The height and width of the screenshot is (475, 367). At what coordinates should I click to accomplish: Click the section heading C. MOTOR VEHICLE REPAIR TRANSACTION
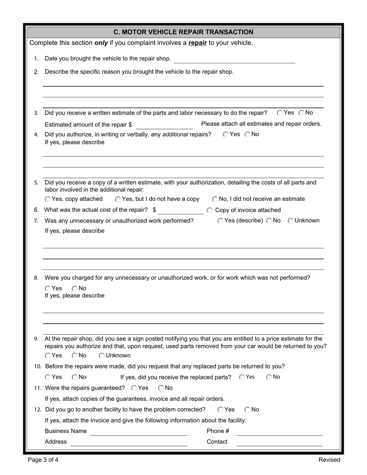[183, 32]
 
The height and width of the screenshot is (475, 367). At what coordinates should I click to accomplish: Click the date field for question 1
[234, 59]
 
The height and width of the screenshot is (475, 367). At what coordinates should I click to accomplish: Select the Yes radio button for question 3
[280, 113]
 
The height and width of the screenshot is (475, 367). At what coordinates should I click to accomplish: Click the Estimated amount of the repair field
[164, 125]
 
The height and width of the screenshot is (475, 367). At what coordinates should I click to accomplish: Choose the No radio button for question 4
[248, 134]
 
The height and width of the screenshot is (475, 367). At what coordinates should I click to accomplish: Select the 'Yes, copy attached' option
[48, 199]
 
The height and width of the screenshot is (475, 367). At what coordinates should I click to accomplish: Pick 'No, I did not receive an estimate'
[215, 199]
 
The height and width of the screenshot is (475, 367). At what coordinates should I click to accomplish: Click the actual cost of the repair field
[180, 210]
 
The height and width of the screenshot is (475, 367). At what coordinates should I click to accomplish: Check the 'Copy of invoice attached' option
[209, 210]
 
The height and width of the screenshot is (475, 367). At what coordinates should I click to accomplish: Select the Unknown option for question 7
[291, 221]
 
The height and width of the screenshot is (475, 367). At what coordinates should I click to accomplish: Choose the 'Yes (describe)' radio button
[220, 221]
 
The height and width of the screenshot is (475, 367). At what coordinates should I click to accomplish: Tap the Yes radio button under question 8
[48, 288]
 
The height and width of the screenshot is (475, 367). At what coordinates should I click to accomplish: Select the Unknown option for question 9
[102, 356]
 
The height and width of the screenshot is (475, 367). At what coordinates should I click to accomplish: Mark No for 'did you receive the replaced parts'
[269, 377]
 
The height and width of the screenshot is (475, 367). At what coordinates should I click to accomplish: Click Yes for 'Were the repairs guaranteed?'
[134, 388]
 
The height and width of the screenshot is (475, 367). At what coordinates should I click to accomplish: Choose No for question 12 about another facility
[248, 410]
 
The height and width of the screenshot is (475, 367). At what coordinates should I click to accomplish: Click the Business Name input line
[138, 432]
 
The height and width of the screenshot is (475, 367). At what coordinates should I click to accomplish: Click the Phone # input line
[279, 432]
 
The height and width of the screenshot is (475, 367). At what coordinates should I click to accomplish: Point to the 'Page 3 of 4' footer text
[43, 460]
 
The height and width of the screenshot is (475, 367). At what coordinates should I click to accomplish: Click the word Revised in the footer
[329, 460]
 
